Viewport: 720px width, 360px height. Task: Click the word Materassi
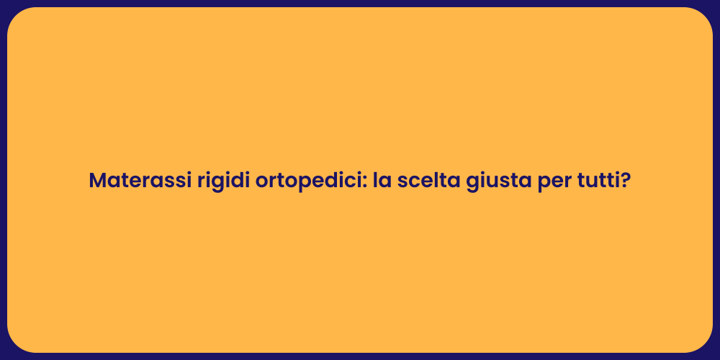point(140,181)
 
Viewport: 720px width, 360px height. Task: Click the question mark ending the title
point(626,181)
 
